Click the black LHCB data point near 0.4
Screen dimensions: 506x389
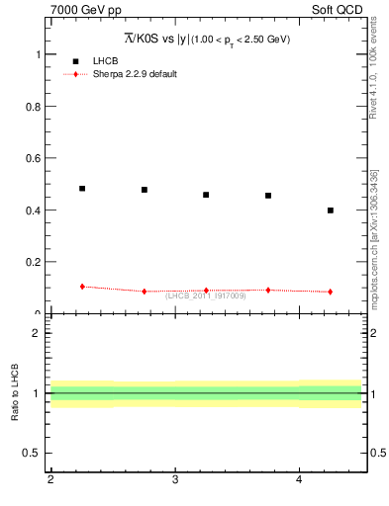[331, 211]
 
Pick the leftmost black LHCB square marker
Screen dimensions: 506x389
[82, 188]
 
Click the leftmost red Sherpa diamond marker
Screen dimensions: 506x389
[82, 287]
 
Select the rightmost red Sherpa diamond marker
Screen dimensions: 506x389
[331, 292]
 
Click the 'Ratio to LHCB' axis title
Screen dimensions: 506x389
[16, 393]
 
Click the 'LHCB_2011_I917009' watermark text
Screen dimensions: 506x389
[206, 295]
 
